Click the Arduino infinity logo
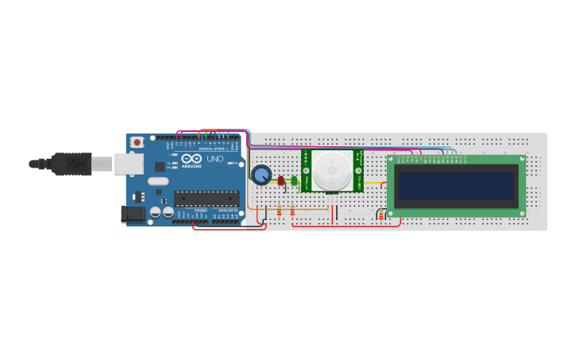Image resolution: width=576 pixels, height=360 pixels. tap(191, 157)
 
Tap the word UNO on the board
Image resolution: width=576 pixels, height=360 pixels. tap(215, 159)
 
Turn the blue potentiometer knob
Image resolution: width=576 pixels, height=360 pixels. tap(261, 174)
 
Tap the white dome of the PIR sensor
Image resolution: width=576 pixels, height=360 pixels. tap(331, 171)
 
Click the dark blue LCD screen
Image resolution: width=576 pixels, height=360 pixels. tap(456, 186)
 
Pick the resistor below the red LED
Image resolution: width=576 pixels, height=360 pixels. tap(280, 211)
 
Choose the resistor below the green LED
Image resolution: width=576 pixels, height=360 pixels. tap(292, 211)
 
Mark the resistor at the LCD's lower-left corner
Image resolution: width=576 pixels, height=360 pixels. tap(382, 215)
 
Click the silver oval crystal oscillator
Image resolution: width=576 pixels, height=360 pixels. tap(158, 181)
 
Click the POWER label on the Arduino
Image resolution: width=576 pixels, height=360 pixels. tap(201, 211)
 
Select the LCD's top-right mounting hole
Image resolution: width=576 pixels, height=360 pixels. tap(522, 159)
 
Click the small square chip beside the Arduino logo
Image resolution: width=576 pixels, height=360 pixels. tap(160, 167)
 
